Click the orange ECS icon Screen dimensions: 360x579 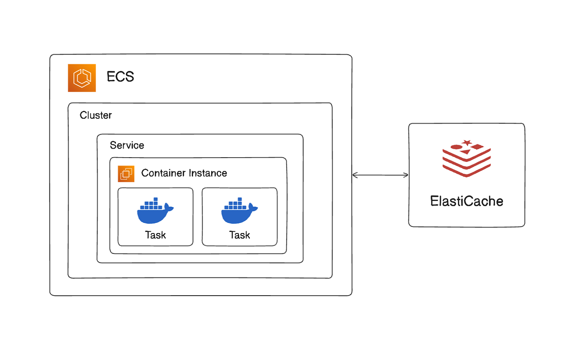coord(82,78)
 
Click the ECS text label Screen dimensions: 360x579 coord(120,77)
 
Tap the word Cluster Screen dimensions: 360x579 coord(96,115)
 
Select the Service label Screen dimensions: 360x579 coord(127,145)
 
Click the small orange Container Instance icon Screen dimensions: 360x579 coord(126,173)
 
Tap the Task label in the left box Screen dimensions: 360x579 coord(155,235)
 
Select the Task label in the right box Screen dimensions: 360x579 coord(240,235)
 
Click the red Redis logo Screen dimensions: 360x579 coord(466,158)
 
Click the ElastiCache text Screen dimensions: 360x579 coord(467,201)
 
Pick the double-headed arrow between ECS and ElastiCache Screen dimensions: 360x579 coord(380,175)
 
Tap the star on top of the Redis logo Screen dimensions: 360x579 coord(467,142)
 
